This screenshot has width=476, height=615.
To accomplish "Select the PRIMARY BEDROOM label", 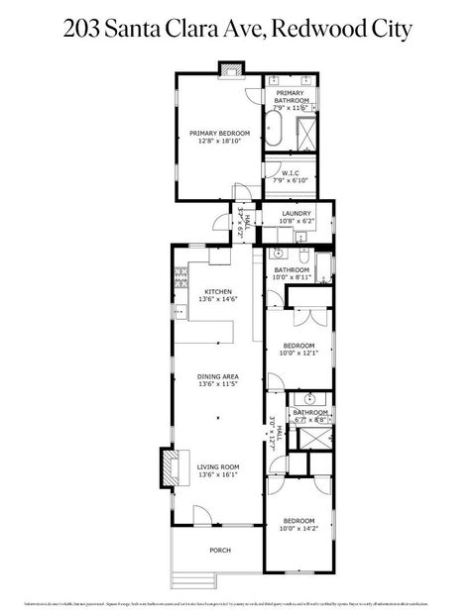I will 220,132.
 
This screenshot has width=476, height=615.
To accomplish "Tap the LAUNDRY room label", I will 297,213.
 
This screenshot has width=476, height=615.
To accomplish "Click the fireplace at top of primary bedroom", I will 231,68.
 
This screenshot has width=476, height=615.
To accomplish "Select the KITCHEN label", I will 218,291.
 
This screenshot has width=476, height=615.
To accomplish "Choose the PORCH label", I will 219,551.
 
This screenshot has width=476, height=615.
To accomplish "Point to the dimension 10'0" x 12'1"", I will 298,353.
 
